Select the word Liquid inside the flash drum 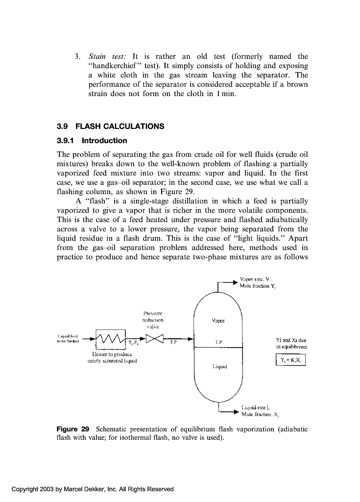click(x=218, y=366)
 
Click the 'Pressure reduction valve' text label click(x=153, y=319)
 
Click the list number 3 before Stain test click(x=77, y=56)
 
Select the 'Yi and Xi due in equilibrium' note click(x=291, y=342)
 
